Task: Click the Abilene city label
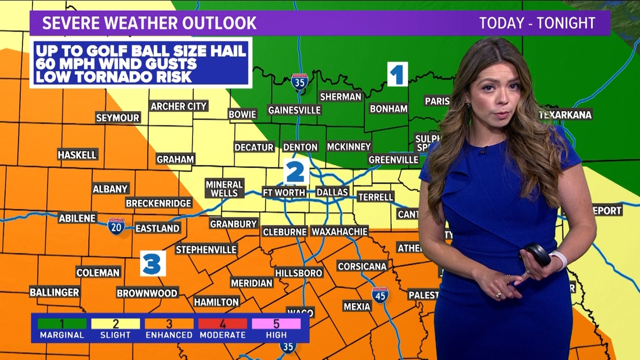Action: [77, 218]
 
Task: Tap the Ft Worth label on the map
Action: [284, 192]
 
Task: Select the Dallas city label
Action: [332, 192]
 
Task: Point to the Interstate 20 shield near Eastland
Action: [116, 226]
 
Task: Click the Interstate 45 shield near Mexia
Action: [380, 295]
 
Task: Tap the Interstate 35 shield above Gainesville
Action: [300, 82]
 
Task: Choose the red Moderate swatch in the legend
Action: [223, 324]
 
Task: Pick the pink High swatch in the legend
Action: [276, 324]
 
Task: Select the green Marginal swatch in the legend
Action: [62, 324]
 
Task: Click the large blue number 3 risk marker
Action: [153, 263]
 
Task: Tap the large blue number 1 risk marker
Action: [397, 75]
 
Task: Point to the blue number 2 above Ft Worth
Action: [295, 172]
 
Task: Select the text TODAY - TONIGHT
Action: [537, 23]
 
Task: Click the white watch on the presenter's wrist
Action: [558, 260]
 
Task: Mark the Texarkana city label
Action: [565, 115]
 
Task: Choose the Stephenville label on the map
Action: [206, 249]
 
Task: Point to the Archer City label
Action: [179, 106]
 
